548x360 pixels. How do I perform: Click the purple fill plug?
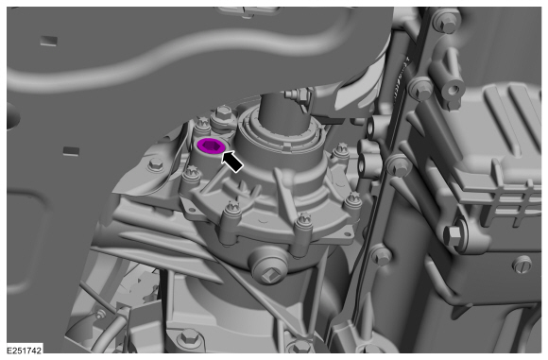click(211, 146)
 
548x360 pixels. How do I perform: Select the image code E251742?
click(25, 351)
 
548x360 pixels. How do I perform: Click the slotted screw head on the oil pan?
click(522, 265)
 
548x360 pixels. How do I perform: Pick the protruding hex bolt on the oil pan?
click(454, 234)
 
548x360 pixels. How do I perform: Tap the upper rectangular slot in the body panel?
click(48, 41)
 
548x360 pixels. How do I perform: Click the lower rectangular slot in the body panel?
click(71, 151)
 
